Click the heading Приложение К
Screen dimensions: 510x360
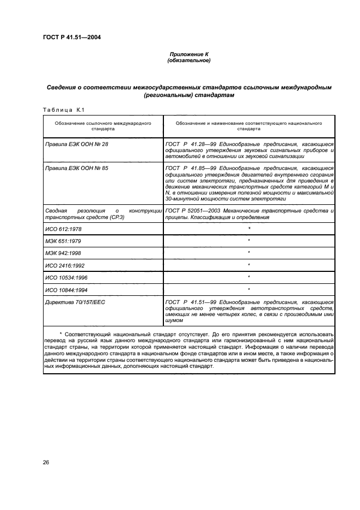188,54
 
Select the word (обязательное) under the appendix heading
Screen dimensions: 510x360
188,60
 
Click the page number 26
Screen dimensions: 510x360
46,463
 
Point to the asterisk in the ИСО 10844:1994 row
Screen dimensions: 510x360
249,289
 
